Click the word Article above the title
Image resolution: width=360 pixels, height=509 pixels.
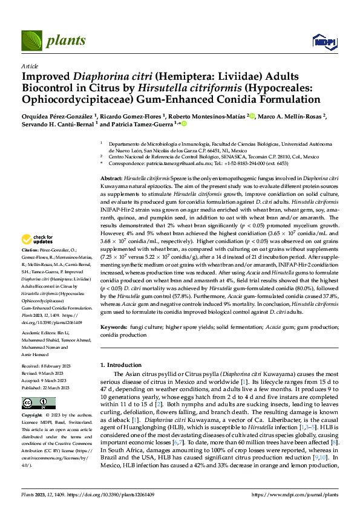click(30, 65)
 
